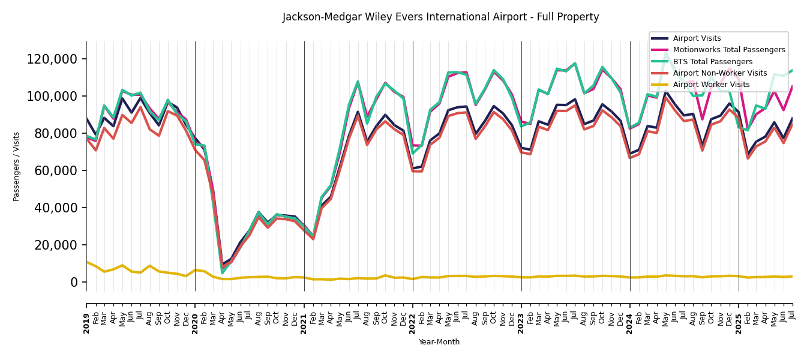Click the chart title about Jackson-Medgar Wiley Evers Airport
440,17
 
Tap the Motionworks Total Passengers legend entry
728,50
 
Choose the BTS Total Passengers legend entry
712,62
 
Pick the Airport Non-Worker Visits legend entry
719,73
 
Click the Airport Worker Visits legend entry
711,85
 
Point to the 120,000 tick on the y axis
52,59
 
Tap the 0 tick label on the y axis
74,282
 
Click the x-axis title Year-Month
439,342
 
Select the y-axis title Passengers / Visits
17,166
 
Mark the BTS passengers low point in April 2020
222,273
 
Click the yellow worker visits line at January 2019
86,262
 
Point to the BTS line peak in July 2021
358,82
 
